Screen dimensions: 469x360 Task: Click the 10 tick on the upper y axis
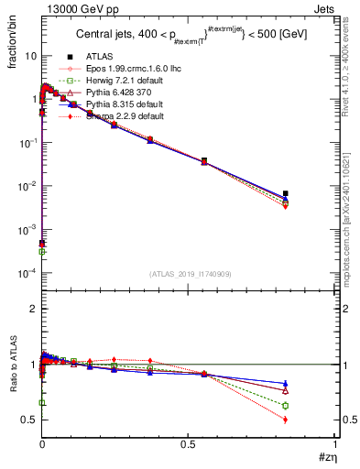tap(29, 56)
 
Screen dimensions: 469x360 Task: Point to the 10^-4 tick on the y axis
tap(26, 273)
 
